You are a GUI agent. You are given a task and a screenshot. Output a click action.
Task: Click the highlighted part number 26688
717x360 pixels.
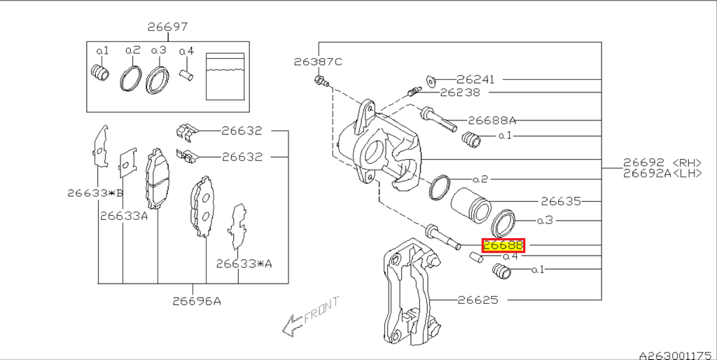tap(503, 246)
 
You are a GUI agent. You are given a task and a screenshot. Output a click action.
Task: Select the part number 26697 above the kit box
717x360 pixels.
tap(167, 27)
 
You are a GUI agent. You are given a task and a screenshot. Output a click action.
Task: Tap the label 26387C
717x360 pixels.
tap(318, 62)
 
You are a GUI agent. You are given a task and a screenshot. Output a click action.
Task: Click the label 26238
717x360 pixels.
tap(461, 92)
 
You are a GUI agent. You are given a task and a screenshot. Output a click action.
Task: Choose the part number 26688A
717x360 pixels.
tap(492, 120)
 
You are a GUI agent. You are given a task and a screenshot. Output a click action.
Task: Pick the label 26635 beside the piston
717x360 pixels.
tap(561, 201)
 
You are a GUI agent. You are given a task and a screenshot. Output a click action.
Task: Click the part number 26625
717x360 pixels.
tap(478, 300)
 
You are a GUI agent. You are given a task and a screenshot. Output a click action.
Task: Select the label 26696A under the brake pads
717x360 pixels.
tap(197, 301)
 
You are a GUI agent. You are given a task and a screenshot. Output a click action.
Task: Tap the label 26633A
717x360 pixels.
tap(124, 216)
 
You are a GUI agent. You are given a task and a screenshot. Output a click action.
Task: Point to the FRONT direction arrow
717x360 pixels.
tap(307, 315)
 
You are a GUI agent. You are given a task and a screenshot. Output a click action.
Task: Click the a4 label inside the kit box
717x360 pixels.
tap(186, 51)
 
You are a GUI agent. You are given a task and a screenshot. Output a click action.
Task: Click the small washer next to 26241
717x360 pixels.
tap(431, 79)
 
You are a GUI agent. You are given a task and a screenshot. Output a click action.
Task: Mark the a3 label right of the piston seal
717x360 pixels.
tap(545, 220)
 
